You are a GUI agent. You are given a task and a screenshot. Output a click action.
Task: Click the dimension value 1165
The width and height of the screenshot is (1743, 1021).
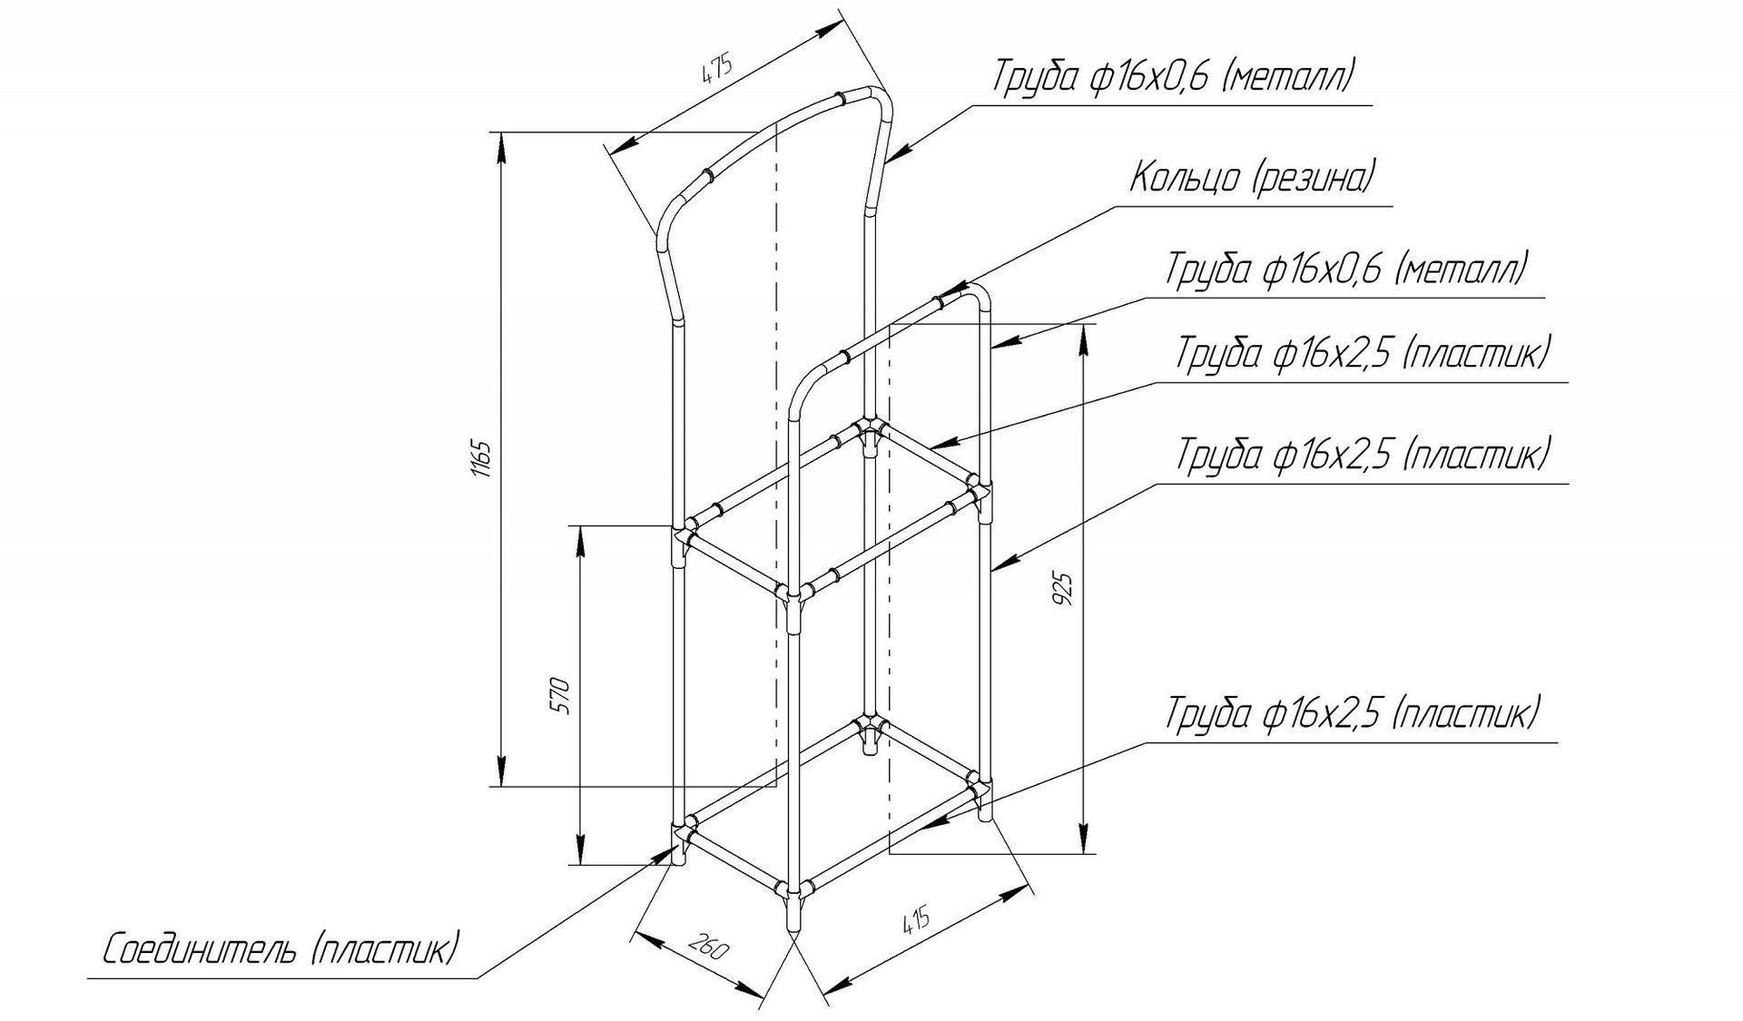coord(482,460)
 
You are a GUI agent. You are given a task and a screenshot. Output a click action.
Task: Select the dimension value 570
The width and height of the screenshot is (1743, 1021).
coord(562,695)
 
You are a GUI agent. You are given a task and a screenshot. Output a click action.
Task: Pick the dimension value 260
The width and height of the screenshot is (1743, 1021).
coord(707,947)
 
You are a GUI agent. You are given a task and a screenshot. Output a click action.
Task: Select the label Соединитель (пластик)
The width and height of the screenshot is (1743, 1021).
coord(281,950)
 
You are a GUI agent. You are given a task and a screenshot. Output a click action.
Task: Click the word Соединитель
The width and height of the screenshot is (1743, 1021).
coord(199,950)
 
